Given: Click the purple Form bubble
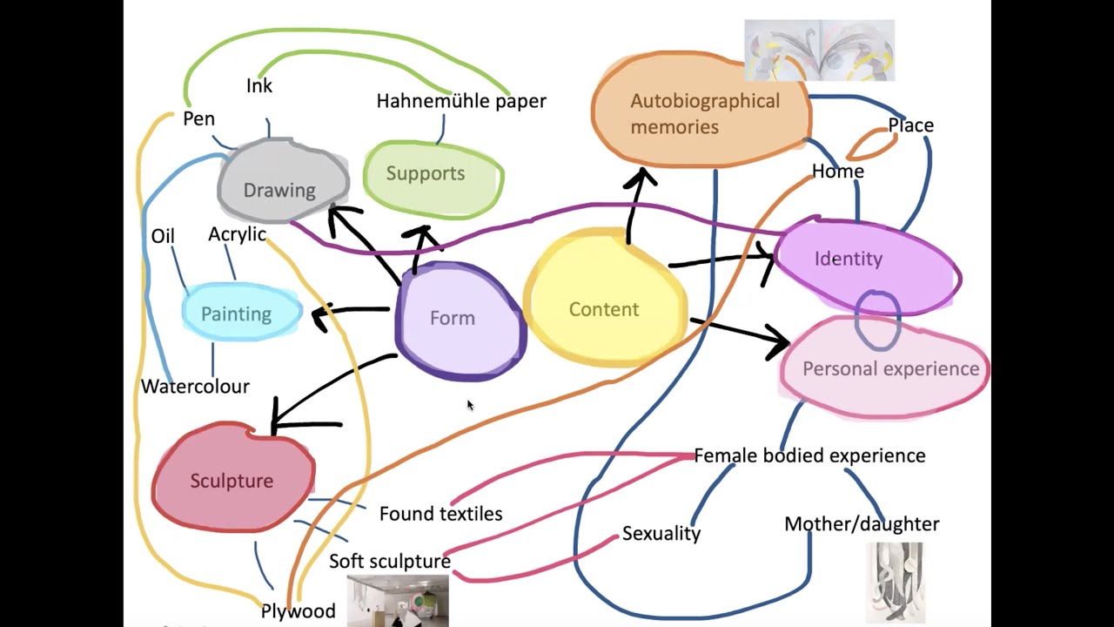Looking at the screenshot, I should [457, 320].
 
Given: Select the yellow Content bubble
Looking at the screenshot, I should [604, 301].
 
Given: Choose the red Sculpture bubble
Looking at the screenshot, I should [232, 479].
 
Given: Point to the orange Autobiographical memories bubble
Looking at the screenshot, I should [701, 111].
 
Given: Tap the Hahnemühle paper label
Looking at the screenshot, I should [461, 101].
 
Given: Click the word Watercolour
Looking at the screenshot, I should [195, 386].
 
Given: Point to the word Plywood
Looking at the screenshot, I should [298, 611].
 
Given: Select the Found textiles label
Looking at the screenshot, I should [440, 514].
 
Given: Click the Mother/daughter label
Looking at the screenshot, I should [862, 524].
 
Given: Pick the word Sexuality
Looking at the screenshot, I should [661, 534].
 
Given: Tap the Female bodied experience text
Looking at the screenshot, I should [809, 455].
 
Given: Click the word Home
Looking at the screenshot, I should [837, 172].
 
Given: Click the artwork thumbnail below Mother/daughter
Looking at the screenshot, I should [895, 581].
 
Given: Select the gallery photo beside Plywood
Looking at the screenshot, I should [398, 601].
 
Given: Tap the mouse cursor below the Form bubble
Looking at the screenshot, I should [470, 405].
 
